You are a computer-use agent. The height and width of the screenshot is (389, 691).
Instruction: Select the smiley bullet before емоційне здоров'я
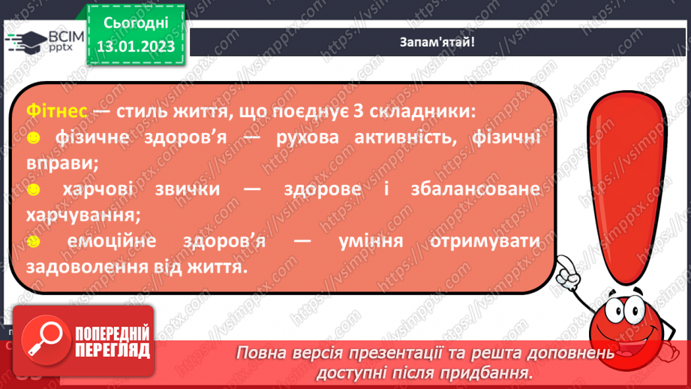click(33, 242)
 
